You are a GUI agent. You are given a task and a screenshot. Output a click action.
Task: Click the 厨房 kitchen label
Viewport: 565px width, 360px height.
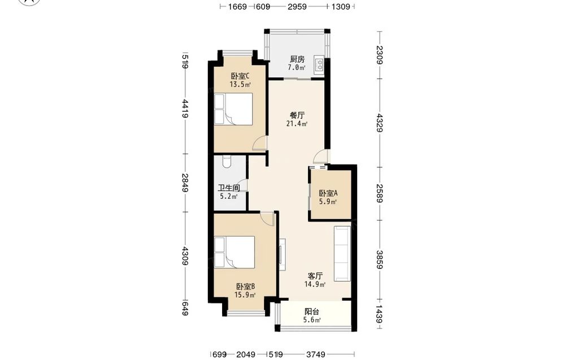click(x=297, y=59)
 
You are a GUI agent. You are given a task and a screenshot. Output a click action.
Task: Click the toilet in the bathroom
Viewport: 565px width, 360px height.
click(x=227, y=162)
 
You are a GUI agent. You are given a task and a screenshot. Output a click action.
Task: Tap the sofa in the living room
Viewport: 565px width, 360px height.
click(x=342, y=253)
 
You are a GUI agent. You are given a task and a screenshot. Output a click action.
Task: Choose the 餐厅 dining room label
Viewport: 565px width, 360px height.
click(x=297, y=115)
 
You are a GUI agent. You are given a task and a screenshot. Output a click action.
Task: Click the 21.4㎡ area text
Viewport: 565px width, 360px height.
click(x=297, y=124)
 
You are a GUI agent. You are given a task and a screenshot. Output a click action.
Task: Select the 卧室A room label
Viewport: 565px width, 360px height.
click(x=328, y=193)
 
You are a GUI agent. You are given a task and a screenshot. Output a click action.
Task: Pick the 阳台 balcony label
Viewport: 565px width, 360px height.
click(x=312, y=312)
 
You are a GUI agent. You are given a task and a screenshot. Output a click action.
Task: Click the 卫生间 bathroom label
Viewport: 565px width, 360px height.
click(x=229, y=188)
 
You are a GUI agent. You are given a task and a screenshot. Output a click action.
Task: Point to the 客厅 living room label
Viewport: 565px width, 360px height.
click(x=315, y=276)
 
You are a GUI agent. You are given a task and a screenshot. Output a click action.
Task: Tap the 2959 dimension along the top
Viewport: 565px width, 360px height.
click(x=297, y=6)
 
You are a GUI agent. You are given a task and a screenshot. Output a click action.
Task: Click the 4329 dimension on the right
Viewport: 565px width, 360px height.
click(x=379, y=123)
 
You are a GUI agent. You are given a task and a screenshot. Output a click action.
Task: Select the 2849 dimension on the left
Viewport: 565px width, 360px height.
click(x=185, y=183)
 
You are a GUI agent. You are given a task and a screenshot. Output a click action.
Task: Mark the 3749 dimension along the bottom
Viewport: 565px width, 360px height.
click(x=315, y=354)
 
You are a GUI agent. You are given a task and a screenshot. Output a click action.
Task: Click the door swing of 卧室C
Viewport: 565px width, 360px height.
click(x=260, y=143)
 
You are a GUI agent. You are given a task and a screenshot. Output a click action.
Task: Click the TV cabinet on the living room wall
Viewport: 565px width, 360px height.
click(x=282, y=254)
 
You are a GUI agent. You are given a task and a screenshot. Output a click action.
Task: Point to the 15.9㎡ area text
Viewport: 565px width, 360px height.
click(x=245, y=295)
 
